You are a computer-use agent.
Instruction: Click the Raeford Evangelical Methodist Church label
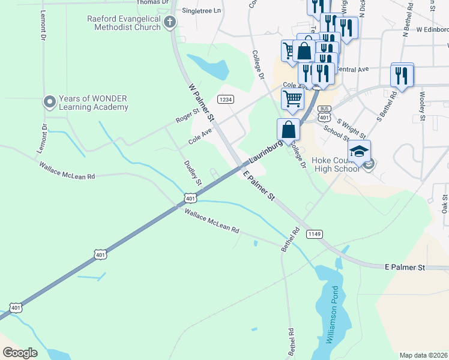123,23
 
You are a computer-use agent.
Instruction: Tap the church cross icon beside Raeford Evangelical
170,23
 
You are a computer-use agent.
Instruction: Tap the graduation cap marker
359,151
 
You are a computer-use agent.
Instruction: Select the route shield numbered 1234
225,99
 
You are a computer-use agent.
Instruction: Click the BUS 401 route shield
324,113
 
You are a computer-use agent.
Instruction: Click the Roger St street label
187,116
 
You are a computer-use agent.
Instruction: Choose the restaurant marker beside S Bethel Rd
402,76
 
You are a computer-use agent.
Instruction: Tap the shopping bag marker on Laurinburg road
288,128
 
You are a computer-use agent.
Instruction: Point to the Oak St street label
445,203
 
